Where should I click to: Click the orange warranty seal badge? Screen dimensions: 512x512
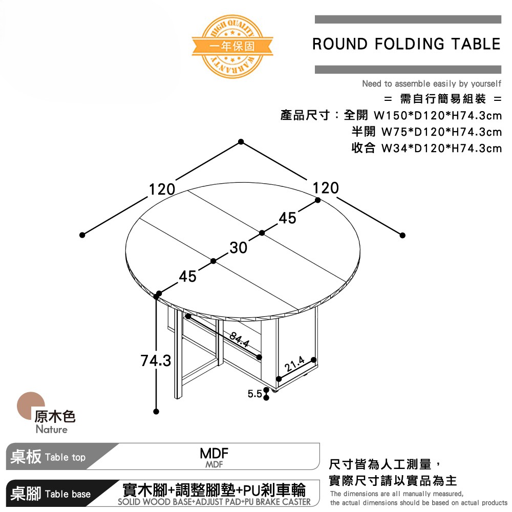pos(232,47)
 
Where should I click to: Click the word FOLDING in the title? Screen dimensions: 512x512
pos(410,44)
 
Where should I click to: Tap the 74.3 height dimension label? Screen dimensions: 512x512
pos(156,361)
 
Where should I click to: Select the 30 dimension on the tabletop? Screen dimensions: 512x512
pos(239,247)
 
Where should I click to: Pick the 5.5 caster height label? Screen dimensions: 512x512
pos(254,394)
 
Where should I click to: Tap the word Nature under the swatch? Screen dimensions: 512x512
pos(52,429)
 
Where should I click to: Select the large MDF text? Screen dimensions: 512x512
pos(214,453)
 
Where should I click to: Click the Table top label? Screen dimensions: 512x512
pos(66,457)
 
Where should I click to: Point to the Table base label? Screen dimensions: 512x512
pos(68,494)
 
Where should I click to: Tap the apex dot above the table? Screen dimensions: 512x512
pos(241,141)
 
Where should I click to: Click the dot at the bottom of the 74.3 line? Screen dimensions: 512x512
pos(156,412)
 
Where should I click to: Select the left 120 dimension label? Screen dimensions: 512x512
pos(162,189)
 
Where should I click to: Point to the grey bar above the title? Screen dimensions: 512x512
pos(408,19)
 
